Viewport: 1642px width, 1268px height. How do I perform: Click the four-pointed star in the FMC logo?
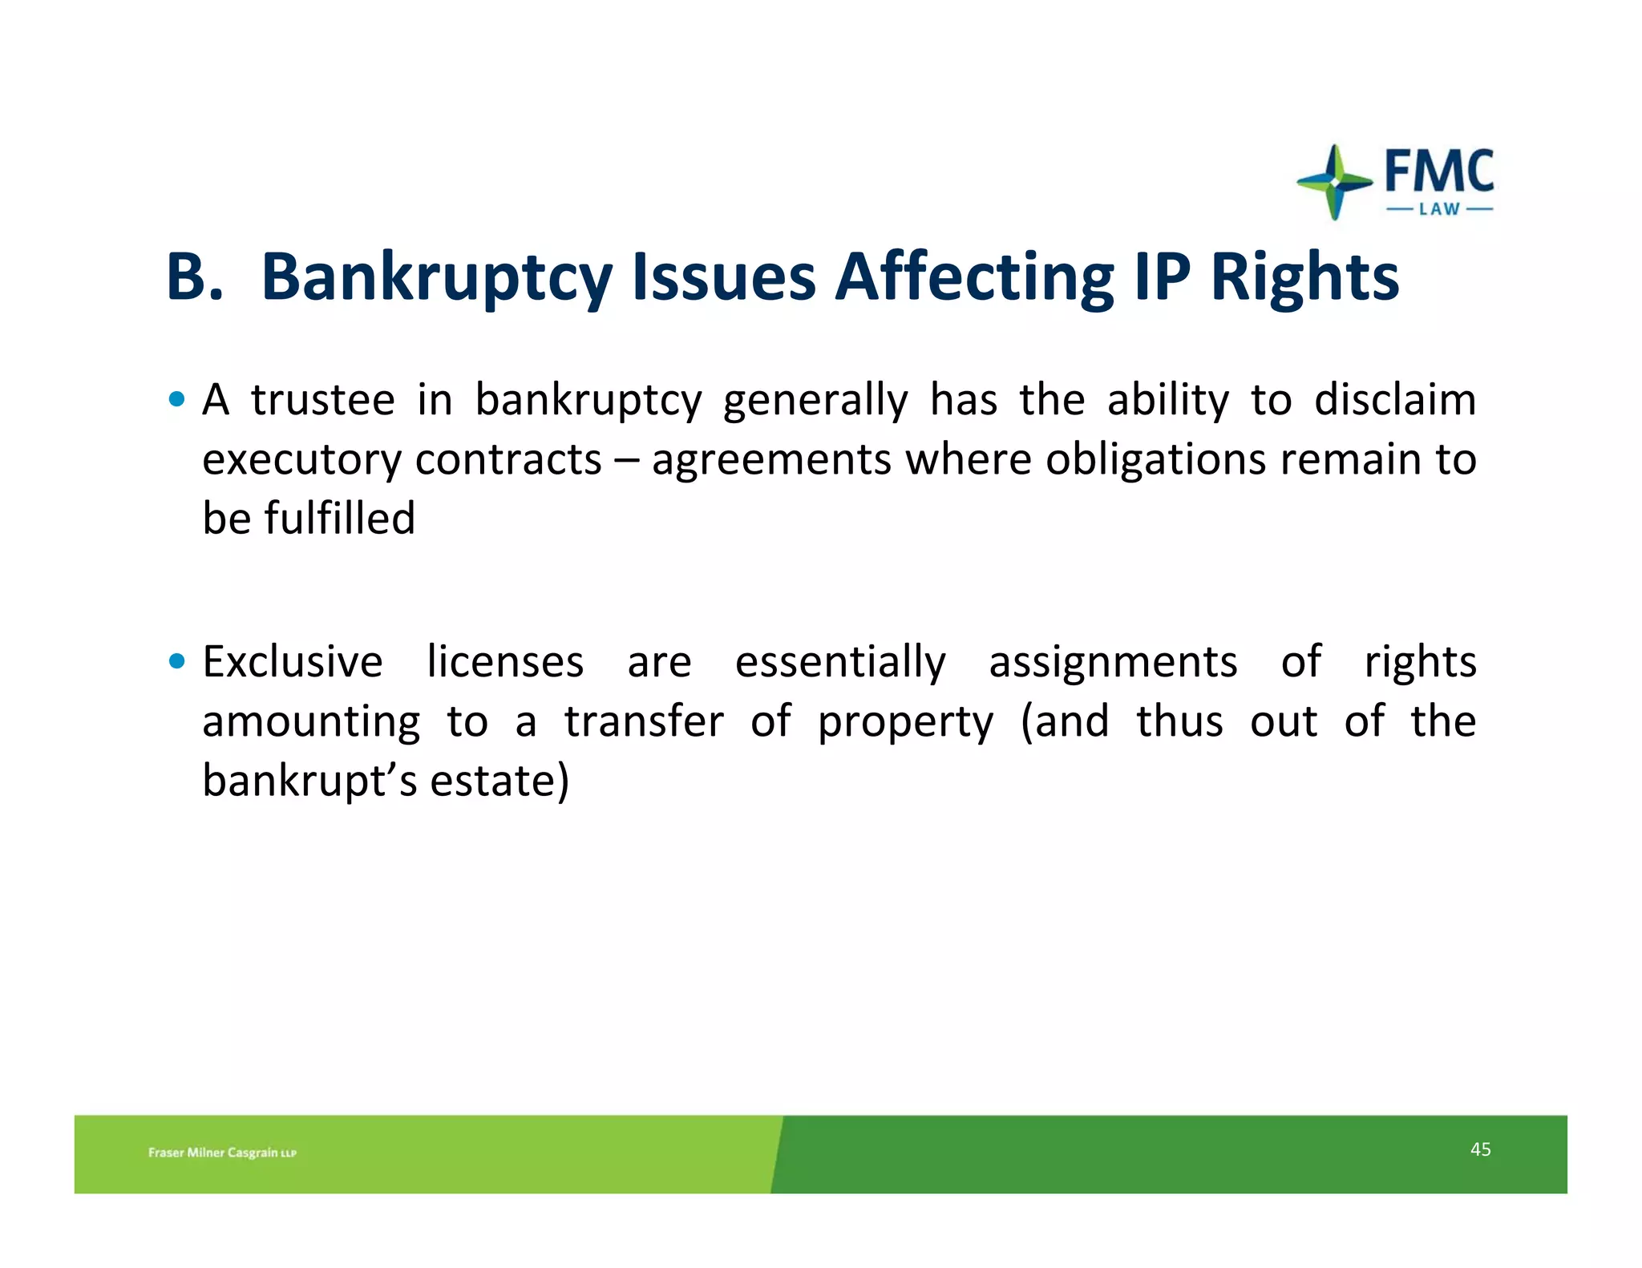1334,182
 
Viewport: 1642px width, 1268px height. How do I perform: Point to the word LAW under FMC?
1439,209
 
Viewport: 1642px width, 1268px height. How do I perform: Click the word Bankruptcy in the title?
436,278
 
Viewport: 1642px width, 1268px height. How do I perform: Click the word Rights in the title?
1304,278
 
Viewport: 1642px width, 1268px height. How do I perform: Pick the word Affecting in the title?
973,278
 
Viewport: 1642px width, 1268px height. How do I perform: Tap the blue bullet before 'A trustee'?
177,398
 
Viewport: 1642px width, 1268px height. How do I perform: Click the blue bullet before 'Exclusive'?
177,661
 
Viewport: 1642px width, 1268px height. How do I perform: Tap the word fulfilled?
340,518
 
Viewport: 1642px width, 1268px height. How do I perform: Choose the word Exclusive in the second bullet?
293,662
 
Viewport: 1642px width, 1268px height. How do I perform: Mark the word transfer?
644,721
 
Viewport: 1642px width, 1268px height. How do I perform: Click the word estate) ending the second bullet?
499,781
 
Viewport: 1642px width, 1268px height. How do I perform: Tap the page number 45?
1480,1149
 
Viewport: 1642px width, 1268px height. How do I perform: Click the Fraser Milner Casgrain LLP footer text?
222,1153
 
